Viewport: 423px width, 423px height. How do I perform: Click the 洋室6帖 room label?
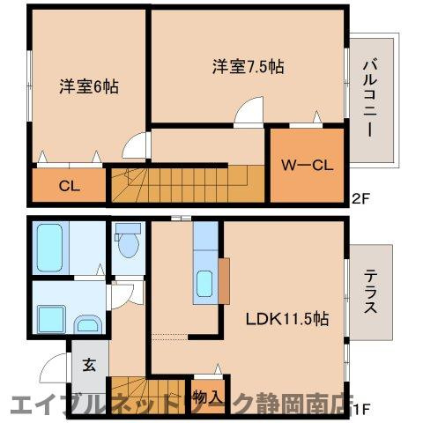[89, 86]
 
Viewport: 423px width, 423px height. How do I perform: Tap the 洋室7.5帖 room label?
[248, 65]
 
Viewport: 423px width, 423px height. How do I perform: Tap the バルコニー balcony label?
[371, 98]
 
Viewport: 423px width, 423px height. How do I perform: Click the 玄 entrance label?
[89, 363]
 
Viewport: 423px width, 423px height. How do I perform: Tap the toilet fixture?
[128, 242]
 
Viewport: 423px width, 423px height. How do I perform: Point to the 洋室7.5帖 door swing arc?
[249, 112]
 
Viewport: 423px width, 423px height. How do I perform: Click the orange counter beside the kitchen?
[225, 278]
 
